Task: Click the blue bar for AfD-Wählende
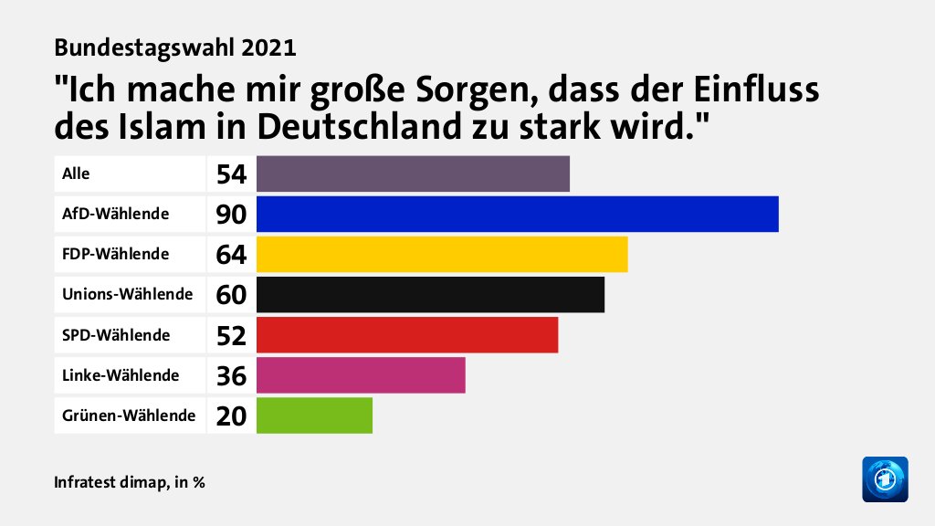pos(517,214)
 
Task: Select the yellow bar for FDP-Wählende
pos(442,254)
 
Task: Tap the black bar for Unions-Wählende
pos(430,294)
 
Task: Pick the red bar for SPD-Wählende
pos(407,334)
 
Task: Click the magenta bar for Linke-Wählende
pos(361,374)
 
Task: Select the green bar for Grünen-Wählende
pos(314,415)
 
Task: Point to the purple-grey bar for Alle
pos(413,174)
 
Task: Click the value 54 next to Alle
pos(231,174)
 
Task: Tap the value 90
pos(231,215)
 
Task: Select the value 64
pos(231,255)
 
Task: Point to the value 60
pos(231,295)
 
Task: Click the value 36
pos(231,375)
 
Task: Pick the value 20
pos(231,416)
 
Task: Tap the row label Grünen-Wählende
pos(129,415)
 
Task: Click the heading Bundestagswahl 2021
pos(175,46)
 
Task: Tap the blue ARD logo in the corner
pos(885,479)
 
